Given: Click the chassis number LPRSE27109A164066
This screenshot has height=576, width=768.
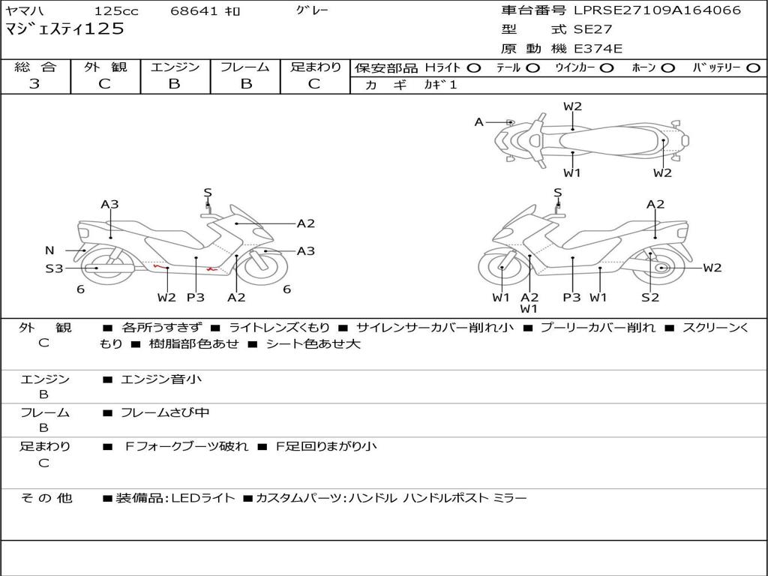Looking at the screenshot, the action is (x=657, y=10).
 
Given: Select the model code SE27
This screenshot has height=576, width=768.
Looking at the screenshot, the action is (x=592, y=29).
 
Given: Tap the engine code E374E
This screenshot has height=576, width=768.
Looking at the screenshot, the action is (x=598, y=49).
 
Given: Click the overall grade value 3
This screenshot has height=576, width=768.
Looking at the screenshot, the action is (x=34, y=84).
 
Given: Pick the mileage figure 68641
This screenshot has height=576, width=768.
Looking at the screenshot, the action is (x=193, y=10).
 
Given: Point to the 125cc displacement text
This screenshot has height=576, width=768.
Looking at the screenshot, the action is (x=116, y=10).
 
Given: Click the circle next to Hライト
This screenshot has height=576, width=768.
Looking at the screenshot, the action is (x=474, y=68).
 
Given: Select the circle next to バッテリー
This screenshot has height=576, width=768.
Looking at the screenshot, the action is (x=753, y=68).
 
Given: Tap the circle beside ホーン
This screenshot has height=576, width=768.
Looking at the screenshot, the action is (x=667, y=68).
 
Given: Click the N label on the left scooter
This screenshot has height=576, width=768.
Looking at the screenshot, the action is (x=49, y=250).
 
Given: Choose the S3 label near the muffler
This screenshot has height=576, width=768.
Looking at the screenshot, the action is (x=54, y=268).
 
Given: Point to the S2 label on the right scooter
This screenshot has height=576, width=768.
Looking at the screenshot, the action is (x=650, y=297).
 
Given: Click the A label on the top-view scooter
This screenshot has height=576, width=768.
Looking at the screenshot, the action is (x=479, y=122).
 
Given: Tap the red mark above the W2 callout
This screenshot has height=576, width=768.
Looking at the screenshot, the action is (x=160, y=266).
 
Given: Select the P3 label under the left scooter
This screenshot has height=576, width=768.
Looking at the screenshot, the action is (x=196, y=297).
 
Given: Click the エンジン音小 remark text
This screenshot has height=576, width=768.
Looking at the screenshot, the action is (x=160, y=379).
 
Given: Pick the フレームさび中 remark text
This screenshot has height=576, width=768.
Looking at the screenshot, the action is (x=165, y=413).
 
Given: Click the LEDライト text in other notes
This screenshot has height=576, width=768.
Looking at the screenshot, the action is (x=202, y=498).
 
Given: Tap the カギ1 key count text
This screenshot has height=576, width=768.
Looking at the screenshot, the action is (x=440, y=85).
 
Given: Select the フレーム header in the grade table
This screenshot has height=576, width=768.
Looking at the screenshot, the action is (x=245, y=67).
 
